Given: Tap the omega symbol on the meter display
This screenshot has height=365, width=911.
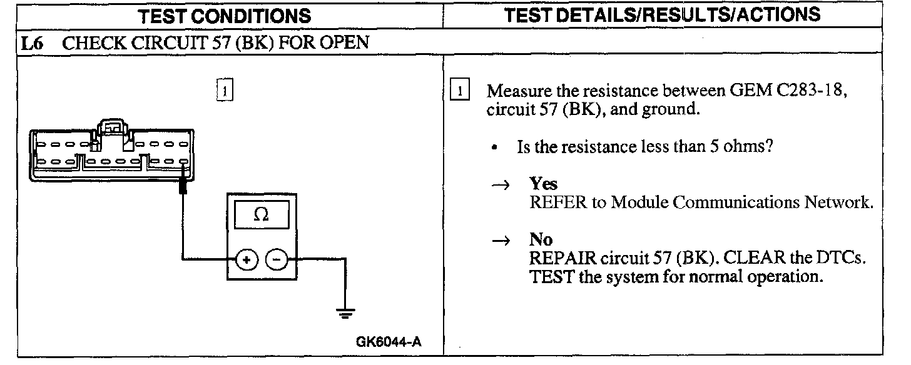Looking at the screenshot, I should pos(262,215).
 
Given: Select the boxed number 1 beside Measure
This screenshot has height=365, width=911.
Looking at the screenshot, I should pos(460,91).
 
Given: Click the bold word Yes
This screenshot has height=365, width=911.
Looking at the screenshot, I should pos(543,184).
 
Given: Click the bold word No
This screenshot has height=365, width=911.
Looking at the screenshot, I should pos(541,240).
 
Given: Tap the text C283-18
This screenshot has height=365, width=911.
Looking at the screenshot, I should pos(812,91).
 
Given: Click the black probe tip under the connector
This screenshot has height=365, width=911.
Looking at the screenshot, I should pos(183,186).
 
